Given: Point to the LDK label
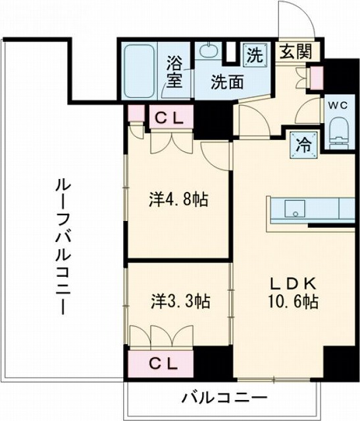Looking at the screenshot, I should pos(294,284).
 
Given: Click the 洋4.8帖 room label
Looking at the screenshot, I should pos(176,199).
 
